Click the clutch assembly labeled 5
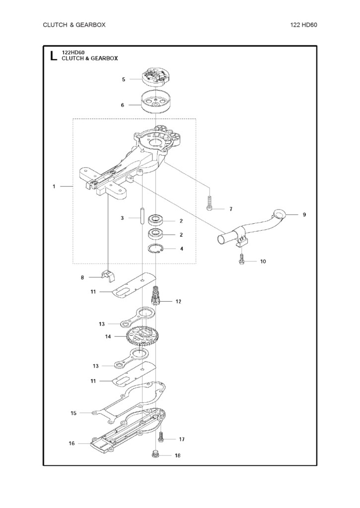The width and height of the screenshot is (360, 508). [x=156, y=77]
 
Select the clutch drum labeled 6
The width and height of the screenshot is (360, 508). [x=156, y=102]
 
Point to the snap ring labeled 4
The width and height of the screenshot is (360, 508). [x=156, y=249]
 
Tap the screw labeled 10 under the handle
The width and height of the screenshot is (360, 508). [x=242, y=259]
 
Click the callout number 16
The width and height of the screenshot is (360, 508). [x=72, y=444]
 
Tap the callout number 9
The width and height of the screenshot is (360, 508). [x=304, y=214]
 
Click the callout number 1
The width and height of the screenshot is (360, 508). [x=54, y=187]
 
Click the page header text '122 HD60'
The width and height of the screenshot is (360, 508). [x=303, y=25]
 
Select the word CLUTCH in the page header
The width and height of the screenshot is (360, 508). [x=55, y=25]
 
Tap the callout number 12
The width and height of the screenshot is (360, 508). [x=178, y=301]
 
